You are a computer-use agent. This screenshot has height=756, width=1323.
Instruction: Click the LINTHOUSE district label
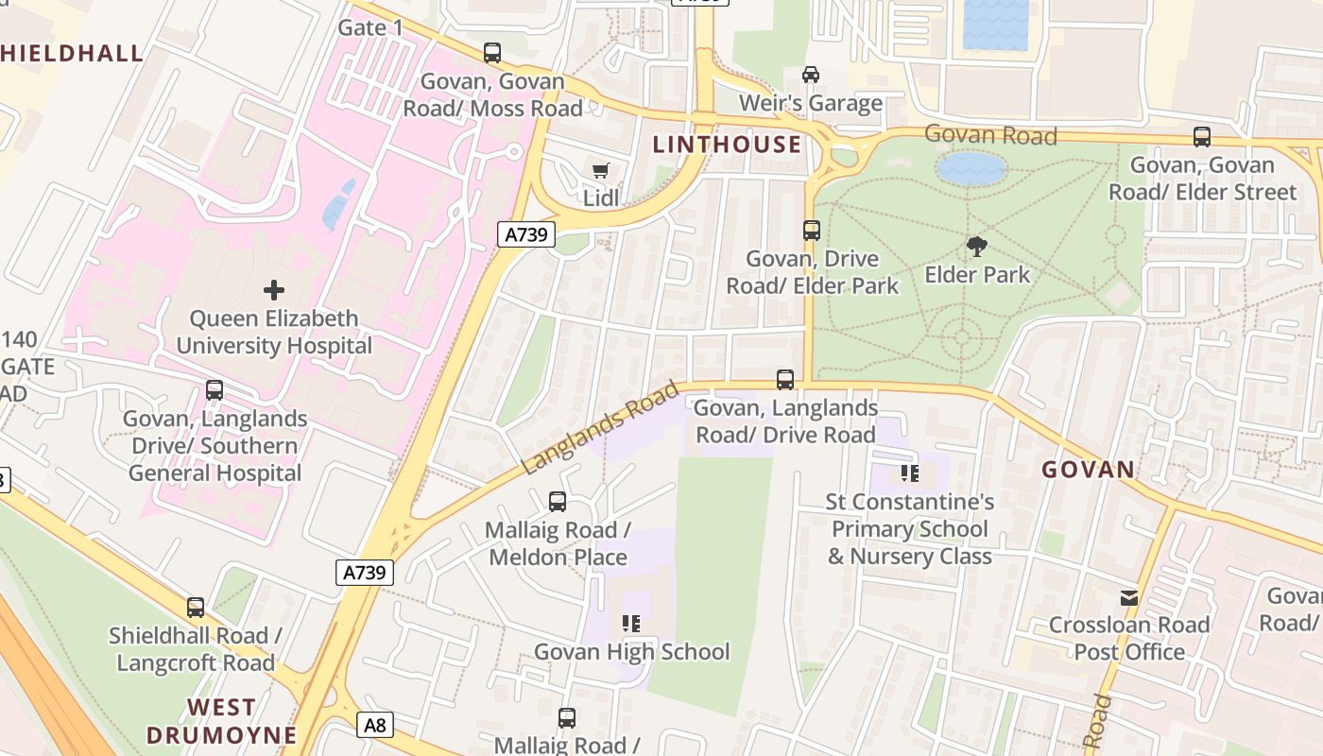[727, 144]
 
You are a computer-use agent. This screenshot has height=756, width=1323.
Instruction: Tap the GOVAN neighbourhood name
[1088, 470]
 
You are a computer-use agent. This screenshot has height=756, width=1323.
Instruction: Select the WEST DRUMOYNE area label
[221, 720]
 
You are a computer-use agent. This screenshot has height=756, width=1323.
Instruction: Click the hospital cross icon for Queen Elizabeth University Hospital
[274, 289]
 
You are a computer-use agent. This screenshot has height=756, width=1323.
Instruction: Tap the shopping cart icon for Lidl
[601, 170]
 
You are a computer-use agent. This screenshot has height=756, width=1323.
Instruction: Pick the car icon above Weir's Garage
[811, 74]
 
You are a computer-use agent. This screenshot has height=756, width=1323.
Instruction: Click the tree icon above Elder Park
[977, 247]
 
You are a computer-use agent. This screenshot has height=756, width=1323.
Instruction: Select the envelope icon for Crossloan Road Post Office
[1129, 597]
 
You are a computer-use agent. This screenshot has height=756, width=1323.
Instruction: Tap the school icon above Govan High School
[631, 624]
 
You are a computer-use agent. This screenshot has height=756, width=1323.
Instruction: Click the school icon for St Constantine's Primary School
[910, 472]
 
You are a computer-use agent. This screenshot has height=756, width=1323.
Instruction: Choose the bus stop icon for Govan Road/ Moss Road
[492, 53]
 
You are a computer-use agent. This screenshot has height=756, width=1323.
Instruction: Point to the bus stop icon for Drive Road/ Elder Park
[812, 230]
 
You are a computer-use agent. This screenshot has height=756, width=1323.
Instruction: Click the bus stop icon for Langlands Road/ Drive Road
[785, 380]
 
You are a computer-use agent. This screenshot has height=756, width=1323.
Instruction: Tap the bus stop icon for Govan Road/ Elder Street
[1202, 137]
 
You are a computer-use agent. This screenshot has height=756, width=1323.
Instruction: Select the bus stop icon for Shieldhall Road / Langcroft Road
[196, 608]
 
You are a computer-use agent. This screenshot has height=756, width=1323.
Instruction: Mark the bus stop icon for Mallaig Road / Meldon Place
[558, 502]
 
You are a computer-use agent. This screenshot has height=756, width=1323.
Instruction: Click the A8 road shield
[375, 725]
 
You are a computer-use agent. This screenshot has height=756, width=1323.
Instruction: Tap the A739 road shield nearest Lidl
[525, 234]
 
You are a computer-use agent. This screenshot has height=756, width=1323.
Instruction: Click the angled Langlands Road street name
[600, 427]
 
